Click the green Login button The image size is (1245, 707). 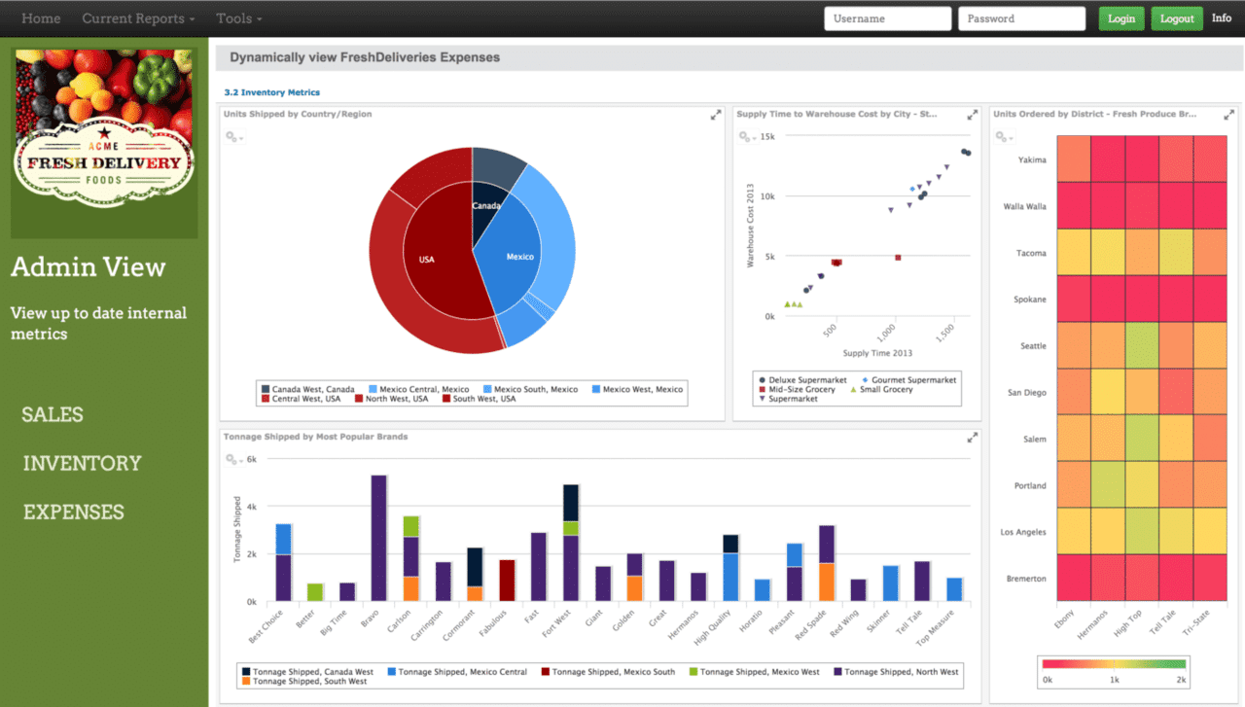click(1121, 18)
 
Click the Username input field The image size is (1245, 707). click(887, 18)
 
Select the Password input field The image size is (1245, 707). click(1021, 18)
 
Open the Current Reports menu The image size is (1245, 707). click(138, 18)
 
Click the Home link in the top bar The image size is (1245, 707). click(41, 18)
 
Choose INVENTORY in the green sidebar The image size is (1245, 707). click(82, 464)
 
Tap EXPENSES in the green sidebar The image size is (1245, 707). click(74, 513)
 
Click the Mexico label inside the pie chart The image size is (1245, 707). click(520, 257)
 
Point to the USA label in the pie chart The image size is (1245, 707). click(427, 260)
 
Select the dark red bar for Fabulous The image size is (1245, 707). click(507, 581)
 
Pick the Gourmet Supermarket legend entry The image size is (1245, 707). click(912, 379)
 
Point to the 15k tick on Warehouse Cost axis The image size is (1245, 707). click(767, 136)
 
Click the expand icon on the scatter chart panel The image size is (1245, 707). click(972, 115)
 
